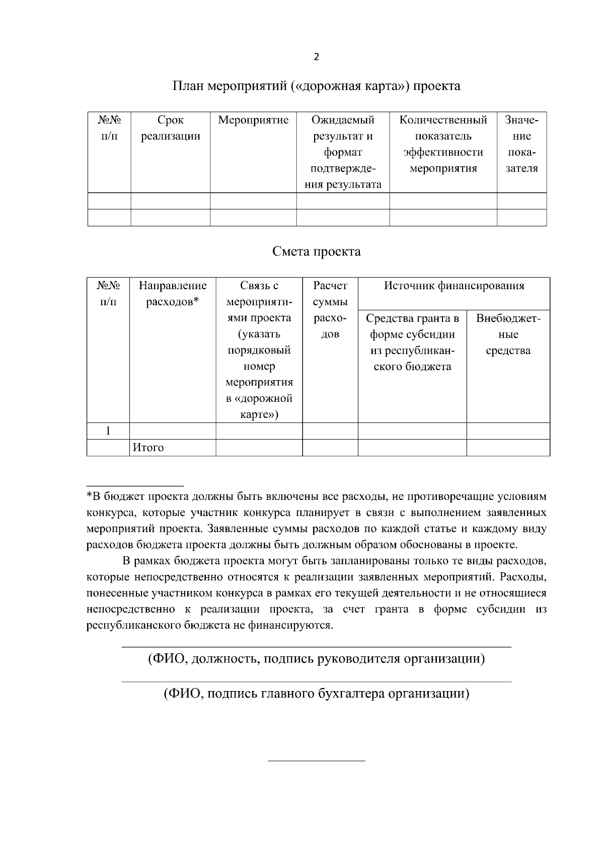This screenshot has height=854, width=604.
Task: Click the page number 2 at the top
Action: click(316, 57)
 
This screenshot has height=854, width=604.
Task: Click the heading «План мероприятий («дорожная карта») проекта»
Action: click(316, 86)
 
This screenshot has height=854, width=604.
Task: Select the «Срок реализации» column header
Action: click(170, 128)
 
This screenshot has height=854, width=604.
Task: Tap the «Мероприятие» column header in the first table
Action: click(253, 120)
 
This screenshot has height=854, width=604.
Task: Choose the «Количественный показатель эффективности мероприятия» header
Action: click(443, 144)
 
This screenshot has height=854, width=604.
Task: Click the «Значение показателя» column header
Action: click(521, 144)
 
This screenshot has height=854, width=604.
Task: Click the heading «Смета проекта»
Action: click(316, 251)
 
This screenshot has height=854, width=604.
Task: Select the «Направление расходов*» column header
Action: click(173, 294)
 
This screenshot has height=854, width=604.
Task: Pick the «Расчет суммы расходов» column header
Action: click(330, 310)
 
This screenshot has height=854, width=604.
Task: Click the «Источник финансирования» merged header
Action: click(454, 286)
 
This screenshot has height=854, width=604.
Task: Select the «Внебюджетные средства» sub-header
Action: click(508, 334)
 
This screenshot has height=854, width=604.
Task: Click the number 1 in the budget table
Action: click(108, 431)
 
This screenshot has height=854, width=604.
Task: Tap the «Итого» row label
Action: click(148, 448)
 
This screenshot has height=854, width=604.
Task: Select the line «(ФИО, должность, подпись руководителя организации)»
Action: click(316, 659)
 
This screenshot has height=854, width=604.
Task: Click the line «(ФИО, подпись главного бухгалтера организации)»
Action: click(316, 694)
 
